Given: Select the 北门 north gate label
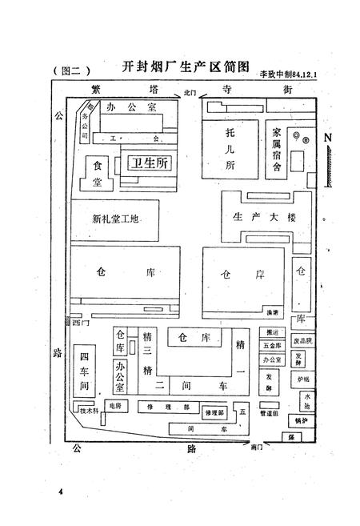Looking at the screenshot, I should pyautogui.click(x=190, y=94).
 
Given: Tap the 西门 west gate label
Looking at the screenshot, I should pyautogui.click(x=78, y=323).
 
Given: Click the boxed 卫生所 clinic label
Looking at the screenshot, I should pyautogui.click(x=150, y=163).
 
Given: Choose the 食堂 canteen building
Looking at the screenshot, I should pyautogui.click(x=98, y=172).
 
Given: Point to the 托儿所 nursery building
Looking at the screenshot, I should pyautogui.click(x=230, y=147).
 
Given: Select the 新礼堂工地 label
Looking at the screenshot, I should pyautogui.click(x=115, y=219).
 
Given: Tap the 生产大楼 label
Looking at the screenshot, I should pyautogui.click(x=263, y=217).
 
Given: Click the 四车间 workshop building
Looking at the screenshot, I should pyautogui.click(x=83, y=371).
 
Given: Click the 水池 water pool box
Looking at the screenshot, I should pyautogui.click(x=307, y=400).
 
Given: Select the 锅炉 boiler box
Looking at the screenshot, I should pyautogui.click(x=301, y=420).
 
